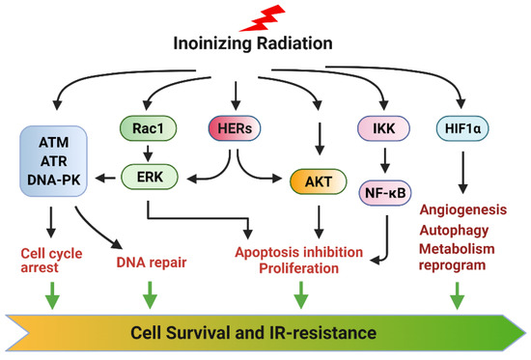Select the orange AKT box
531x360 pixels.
click(x=318, y=180)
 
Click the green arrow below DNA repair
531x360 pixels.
click(x=148, y=292)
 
